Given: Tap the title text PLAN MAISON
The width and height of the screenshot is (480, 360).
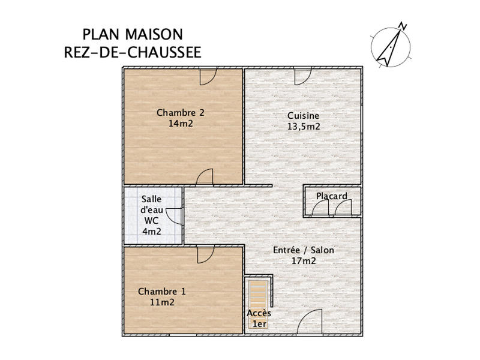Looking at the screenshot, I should click(133, 34).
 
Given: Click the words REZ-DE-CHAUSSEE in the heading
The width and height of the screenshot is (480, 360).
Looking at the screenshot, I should click(133, 52).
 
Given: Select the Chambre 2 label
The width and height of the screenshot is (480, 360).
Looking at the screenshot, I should click(181, 112).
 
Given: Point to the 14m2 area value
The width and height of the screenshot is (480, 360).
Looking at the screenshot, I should click(181, 124).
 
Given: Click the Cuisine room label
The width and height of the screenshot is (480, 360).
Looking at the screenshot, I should click(303, 116).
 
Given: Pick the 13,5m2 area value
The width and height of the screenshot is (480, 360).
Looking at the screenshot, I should click(303, 127).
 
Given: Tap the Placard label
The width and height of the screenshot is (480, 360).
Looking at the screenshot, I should click(332, 196).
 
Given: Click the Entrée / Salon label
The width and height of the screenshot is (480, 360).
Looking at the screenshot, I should click(304, 250).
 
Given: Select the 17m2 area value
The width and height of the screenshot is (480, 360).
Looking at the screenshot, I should click(304, 261).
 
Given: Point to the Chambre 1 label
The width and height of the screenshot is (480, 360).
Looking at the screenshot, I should click(162, 292).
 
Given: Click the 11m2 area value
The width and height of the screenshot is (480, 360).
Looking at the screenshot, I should click(162, 302).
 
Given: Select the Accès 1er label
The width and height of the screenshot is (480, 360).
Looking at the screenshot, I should click(259, 319).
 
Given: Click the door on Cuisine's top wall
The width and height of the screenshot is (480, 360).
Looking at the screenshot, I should click(302, 76).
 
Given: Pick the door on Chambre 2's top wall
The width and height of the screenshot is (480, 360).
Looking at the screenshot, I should click(208, 76).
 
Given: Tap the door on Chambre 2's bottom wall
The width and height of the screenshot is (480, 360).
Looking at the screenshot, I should click(205, 177).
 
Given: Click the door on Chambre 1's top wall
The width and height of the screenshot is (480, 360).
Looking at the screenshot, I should click(206, 255).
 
